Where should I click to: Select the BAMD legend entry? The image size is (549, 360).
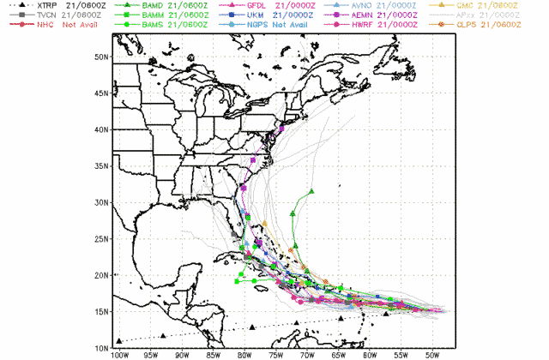click(x=159, y=6)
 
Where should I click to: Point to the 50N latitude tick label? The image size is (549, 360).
click(x=101, y=57)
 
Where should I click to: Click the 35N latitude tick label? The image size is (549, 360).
click(x=101, y=166)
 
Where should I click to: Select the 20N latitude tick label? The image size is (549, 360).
click(x=101, y=276)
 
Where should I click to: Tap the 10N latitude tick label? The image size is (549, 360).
click(x=101, y=349)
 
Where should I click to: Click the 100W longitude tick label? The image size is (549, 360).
click(x=119, y=355)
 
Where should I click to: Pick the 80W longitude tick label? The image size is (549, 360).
click(x=244, y=355)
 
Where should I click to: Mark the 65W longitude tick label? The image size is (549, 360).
click(x=338, y=355)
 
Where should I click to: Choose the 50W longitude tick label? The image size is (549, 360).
click(x=431, y=355)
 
